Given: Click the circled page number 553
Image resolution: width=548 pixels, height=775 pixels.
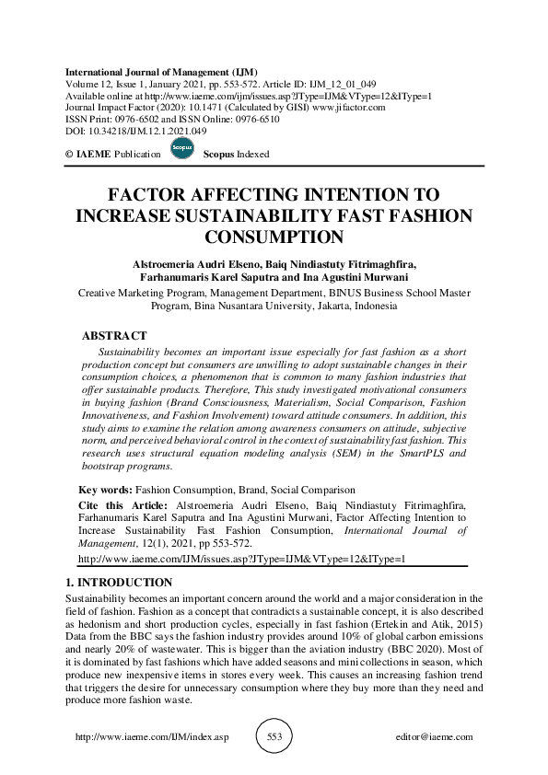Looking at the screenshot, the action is [274, 737].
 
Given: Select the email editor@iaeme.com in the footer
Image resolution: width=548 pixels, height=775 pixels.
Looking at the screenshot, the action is [433, 737].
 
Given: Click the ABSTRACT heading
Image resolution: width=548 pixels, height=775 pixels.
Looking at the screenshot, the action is [114, 336].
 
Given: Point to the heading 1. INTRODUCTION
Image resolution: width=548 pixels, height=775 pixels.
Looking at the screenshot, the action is [119, 583].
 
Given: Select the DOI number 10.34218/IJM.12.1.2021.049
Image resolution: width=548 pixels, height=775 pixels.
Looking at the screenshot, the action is [148, 132].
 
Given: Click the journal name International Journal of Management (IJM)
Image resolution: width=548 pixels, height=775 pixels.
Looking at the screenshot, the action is [161, 72].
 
